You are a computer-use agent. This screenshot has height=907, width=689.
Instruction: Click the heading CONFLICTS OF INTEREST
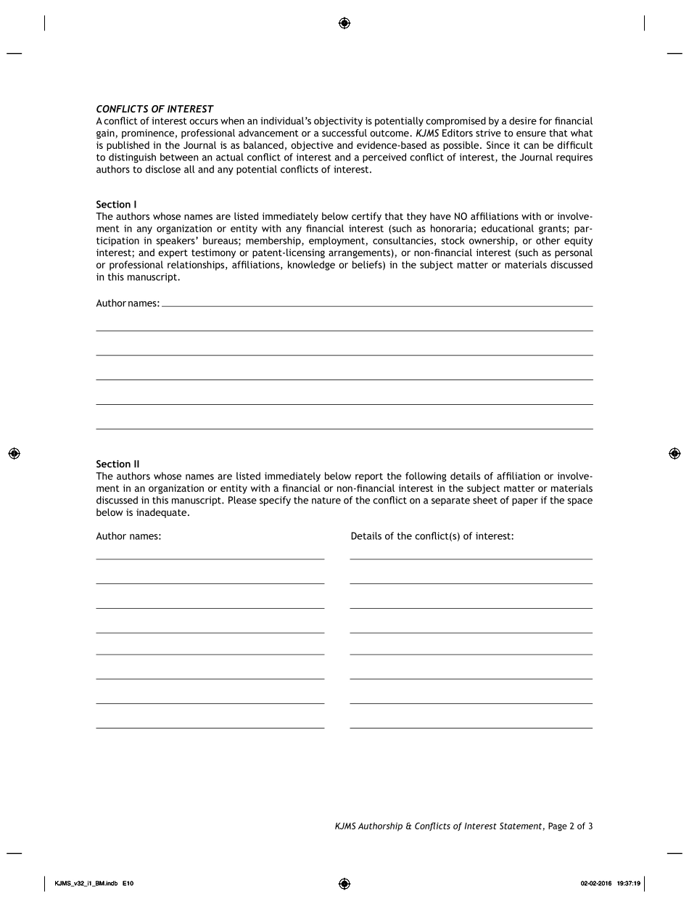click(154, 110)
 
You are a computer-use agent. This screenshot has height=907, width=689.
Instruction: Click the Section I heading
click(116, 205)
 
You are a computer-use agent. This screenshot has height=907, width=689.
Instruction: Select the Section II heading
click(117, 464)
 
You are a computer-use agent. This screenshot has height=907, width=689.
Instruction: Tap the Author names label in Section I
click(128, 303)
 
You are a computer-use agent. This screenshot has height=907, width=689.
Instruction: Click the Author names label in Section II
click(128, 536)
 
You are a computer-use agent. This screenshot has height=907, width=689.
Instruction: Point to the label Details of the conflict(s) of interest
click(432, 536)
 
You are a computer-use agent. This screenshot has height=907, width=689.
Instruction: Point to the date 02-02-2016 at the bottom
click(596, 884)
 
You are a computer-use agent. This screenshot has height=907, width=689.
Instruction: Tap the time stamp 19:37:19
click(628, 884)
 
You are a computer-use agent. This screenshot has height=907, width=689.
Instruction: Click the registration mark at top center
click(344, 23)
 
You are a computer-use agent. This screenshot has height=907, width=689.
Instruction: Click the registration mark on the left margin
click(14, 453)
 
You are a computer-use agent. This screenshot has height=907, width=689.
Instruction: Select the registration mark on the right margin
click(674, 453)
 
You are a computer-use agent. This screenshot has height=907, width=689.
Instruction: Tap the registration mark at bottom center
click(344, 884)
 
